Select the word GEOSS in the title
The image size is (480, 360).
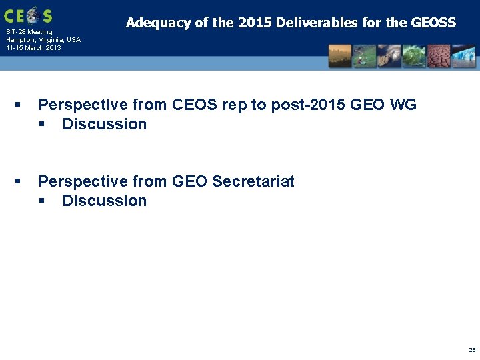[x=433, y=23]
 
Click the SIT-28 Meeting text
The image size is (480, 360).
[x=29, y=32]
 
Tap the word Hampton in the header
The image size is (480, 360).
[x=21, y=40]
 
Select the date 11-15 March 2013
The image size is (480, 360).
[x=33, y=48]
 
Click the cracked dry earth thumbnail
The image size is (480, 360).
[x=438, y=56]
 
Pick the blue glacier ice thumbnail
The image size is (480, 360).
[x=463, y=56]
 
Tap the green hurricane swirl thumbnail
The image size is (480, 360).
[x=413, y=56]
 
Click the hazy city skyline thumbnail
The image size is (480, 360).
[x=340, y=56]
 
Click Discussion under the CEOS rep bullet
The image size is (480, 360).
[x=104, y=124]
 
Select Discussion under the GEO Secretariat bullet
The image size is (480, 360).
[x=104, y=201]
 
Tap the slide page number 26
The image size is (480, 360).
[x=472, y=349]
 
